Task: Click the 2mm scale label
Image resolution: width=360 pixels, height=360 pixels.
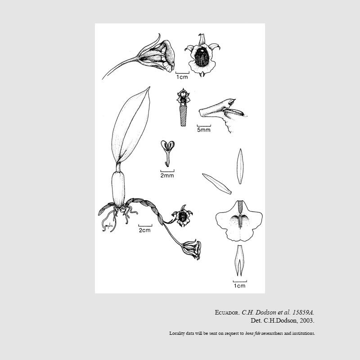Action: [167, 175]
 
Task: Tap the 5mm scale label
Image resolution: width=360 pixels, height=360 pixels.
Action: [204, 130]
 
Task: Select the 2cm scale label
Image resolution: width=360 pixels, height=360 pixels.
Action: [144, 230]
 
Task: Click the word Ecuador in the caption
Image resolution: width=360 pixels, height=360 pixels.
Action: [227, 312]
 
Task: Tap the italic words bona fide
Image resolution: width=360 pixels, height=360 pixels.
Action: [253, 333]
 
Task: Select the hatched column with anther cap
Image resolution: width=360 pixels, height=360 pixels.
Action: [183, 108]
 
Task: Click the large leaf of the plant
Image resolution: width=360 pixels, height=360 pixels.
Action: [130, 126]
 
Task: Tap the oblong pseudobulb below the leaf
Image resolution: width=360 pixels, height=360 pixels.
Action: [118, 189]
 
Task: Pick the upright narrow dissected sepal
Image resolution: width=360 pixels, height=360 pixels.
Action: [240, 166]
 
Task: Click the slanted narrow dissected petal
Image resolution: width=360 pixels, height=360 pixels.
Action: [217, 184]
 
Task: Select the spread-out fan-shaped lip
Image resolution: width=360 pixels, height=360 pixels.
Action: [239, 221]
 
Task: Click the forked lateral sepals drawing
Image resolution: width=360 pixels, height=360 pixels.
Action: [239, 261]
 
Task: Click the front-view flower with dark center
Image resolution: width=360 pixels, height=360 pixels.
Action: [202, 55]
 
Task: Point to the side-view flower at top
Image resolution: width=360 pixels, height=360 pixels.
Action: [139, 57]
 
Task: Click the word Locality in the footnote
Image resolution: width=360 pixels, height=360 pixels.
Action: [177, 333]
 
